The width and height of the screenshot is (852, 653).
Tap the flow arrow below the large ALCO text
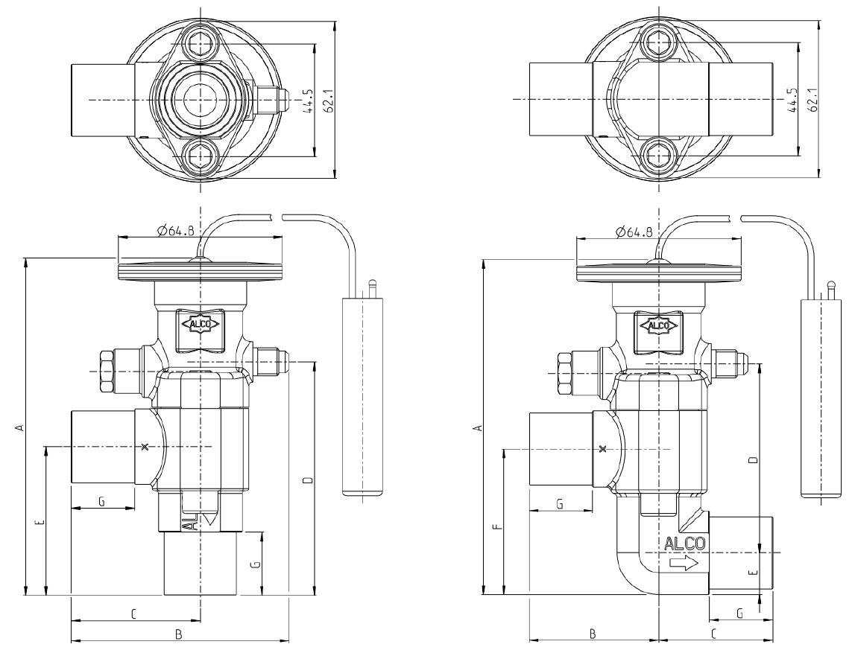[x=684, y=564]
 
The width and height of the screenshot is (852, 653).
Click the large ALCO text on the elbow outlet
[x=684, y=544]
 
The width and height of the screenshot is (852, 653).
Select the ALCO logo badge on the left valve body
[x=201, y=325]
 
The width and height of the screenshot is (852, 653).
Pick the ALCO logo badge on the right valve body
[x=658, y=325]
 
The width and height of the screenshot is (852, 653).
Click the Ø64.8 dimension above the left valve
[x=175, y=232]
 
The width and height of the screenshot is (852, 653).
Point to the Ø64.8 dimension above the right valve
[x=634, y=232]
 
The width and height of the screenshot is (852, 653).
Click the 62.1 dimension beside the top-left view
[x=328, y=101]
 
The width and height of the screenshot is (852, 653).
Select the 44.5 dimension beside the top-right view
[x=793, y=101]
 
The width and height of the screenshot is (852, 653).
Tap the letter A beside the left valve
[x=19, y=427]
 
